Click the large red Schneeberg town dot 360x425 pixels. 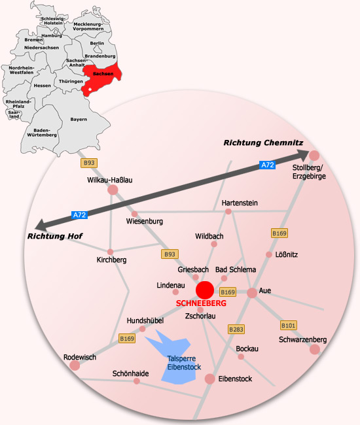click(x=205, y=290)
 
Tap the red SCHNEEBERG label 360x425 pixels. click(x=201, y=303)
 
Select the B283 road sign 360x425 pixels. click(x=236, y=330)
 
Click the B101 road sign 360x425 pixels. click(x=289, y=325)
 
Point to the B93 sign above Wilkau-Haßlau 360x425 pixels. click(x=89, y=163)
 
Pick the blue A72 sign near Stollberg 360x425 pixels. click(x=268, y=165)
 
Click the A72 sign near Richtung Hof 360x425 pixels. click(x=79, y=215)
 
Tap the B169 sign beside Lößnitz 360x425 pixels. click(x=279, y=233)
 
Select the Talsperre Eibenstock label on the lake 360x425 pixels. click(x=184, y=363)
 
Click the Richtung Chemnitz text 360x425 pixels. click(x=263, y=143)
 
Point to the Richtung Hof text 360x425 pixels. click(x=55, y=236)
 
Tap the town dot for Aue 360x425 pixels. click(x=252, y=293)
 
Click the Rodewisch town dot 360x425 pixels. click(x=75, y=365)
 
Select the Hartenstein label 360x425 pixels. click(x=240, y=203)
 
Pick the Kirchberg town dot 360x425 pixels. click(x=110, y=252)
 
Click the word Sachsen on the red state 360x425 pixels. click(x=103, y=74)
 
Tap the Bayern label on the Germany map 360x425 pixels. click(x=79, y=119)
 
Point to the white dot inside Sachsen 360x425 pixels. click(x=90, y=89)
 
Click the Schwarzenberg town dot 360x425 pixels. click(x=315, y=349)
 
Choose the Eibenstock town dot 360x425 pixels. click(x=209, y=379)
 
